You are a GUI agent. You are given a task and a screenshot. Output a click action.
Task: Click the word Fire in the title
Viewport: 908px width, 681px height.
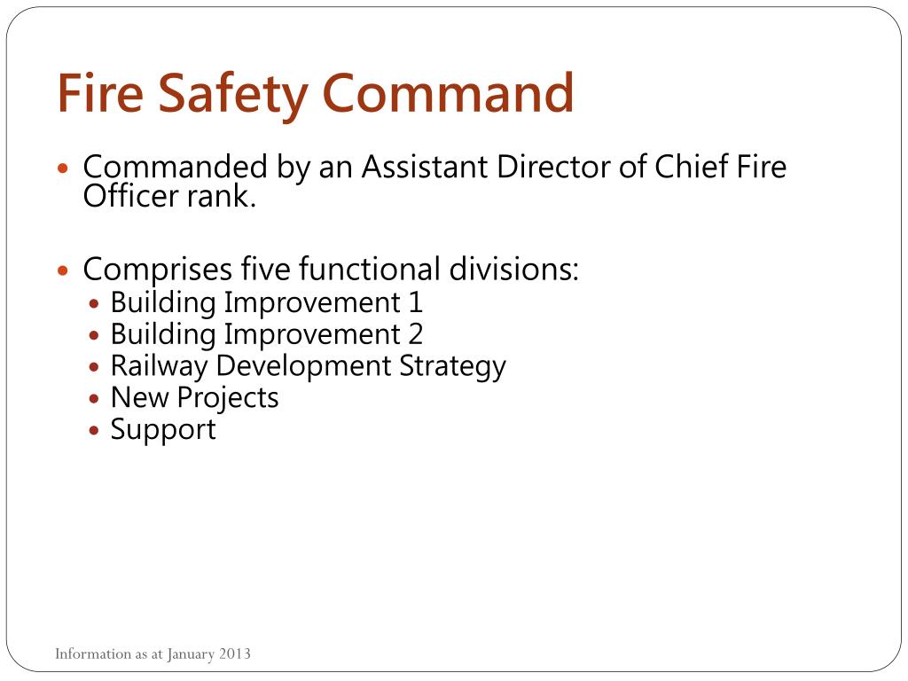tap(97, 93)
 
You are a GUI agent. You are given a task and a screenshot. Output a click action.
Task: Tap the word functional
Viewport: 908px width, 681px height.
tap(368, 268)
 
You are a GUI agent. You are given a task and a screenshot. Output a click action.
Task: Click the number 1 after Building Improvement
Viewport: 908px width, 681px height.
tap(415, 303)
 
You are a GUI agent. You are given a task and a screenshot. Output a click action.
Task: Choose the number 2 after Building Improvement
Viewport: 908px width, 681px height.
tap(415, 335)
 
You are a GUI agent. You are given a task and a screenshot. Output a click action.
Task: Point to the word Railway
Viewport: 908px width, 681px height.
tap(159, 367)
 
